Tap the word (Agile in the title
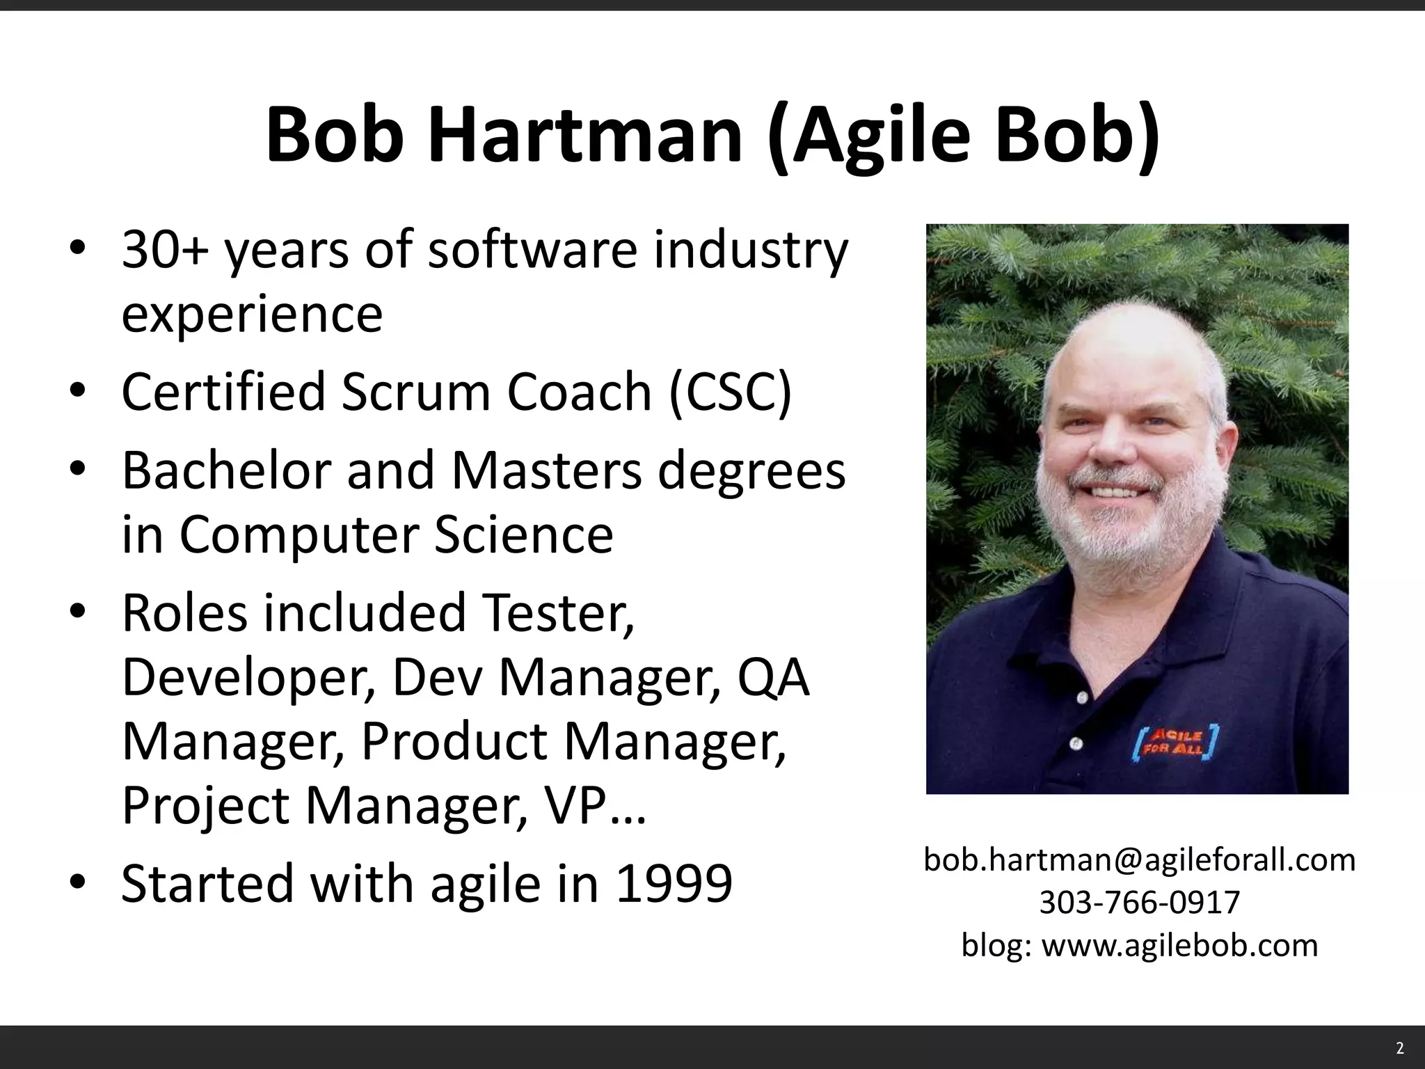pyautogui.click(x=870, y=135)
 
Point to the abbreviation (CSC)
pyautogui.click(x=731, y=391)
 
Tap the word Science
pyautogui.click(x=524, y=535)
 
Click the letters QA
pyautogui.click(x=774, y=677)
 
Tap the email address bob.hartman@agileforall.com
pyautogui.click(x=1140, y=860)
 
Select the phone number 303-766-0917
pyautogui.click(x=1140, y=903)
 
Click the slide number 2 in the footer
pyautogui.click(x=1400, y=1049)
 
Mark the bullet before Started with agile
pyautogui.click(x=77, y=883)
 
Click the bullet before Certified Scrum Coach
pyautogui.click(x=77, y=391)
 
